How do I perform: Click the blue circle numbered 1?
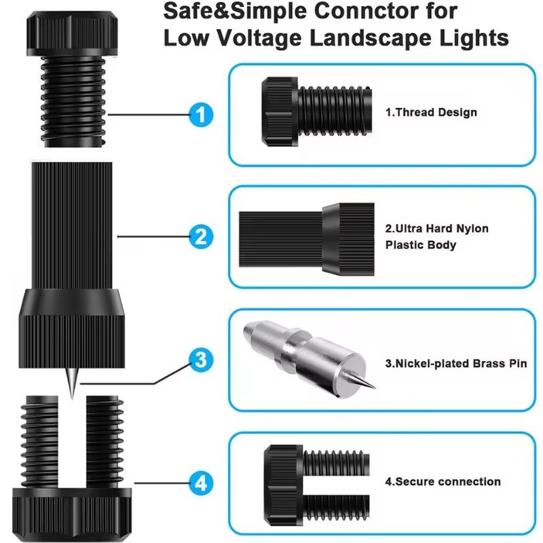pos(201,115)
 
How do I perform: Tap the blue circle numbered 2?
pos(201,237)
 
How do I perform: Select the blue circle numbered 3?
pos(201,360)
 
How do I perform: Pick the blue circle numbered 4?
pos(201,483)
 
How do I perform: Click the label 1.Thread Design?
pos(431,112)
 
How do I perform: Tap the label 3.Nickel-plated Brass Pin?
pos(456,363)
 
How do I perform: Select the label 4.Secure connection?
pos(443,482)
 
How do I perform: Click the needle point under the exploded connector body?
pos(72,398)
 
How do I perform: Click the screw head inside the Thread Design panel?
pos(280,112)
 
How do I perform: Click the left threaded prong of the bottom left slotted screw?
pos(39,442)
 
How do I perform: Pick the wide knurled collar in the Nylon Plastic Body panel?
pos(348,240)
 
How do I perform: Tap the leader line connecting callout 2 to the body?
pos(153,237)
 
